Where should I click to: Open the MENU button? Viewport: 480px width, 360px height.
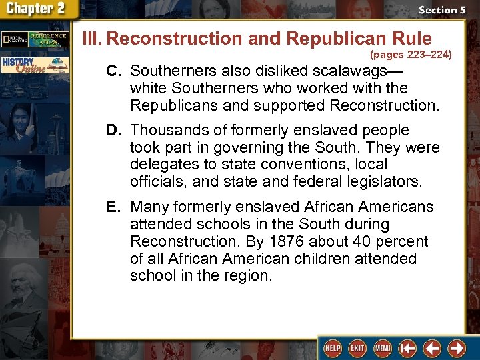click(383, 348)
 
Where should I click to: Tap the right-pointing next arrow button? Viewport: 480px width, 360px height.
click(457, 348)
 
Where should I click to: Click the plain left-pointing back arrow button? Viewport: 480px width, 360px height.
click(433, 348)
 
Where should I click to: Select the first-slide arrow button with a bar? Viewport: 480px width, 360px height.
click(408, 348)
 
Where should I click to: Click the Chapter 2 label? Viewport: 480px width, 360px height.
click(37, 9)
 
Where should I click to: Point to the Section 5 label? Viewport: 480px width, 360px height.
click(442, 10)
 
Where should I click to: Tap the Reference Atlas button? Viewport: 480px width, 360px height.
click(51, 39)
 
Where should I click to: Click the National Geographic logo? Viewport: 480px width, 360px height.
click(15, 39)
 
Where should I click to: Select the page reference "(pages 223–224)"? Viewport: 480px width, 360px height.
click(411, 53)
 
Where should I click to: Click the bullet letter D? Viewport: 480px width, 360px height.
click(113, 130)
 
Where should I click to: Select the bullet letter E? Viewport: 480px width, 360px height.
click(113, 207)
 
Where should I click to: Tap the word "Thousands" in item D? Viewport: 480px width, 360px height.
click(165, 130)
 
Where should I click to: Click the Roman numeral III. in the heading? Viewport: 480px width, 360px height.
click(92, 39)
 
